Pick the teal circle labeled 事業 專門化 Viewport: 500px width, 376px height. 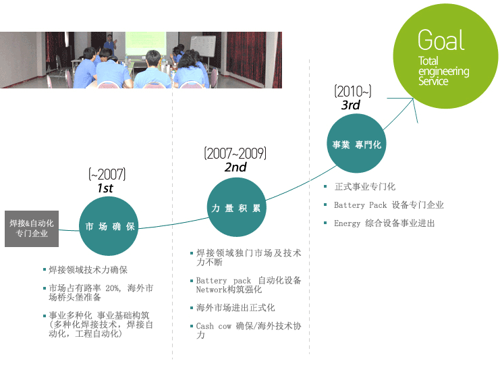357,144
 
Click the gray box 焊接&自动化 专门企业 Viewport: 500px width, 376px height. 32,227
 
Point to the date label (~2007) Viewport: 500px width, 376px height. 107,174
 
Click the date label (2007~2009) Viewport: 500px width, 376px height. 235,153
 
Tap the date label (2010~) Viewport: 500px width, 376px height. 352,91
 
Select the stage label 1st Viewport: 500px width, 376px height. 105,188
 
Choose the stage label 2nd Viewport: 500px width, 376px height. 235,167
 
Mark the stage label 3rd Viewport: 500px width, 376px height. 350,105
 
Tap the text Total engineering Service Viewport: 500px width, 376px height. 443,71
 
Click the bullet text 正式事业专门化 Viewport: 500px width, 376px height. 365,187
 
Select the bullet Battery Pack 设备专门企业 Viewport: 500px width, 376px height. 389,205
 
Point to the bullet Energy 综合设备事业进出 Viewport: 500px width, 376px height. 384,223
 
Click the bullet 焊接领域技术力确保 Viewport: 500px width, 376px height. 88,270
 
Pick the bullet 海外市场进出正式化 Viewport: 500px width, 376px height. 235,308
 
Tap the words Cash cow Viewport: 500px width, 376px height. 213,326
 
